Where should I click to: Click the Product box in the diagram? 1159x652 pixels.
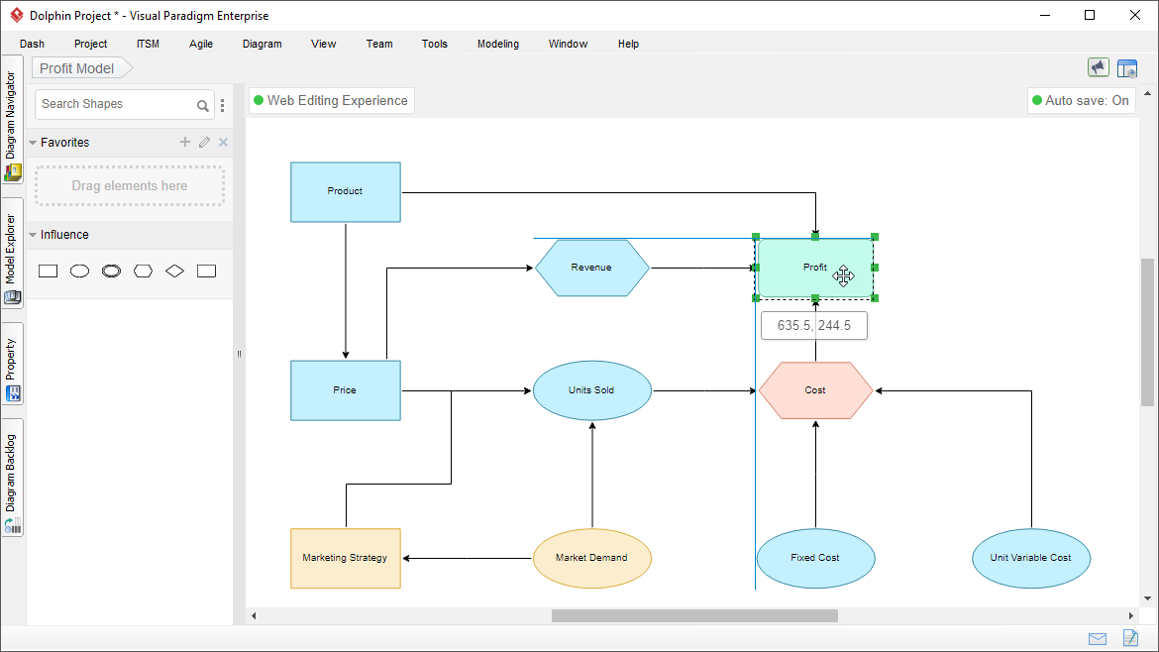345,192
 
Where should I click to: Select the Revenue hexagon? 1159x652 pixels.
591,268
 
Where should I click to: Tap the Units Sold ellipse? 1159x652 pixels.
592,390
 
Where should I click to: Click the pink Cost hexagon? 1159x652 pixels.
815,390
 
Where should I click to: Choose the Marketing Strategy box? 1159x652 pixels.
345,558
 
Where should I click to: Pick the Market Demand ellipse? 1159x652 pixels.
592,558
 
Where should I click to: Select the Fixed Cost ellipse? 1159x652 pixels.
815,558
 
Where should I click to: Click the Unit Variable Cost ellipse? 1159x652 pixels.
1031,558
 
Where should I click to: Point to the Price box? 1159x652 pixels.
345,390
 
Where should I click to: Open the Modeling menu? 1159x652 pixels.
498,44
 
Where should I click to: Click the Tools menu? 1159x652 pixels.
435,44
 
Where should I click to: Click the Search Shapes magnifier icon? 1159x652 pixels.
202,106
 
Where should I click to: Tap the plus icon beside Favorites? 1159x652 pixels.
185,142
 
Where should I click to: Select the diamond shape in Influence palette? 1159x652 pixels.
174,272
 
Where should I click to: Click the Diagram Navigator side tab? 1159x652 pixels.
11,119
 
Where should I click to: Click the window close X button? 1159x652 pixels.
1135,15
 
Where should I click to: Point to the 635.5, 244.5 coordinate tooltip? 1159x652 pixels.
814,325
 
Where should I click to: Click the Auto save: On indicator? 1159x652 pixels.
1081,100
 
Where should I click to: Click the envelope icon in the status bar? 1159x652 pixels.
1098,639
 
